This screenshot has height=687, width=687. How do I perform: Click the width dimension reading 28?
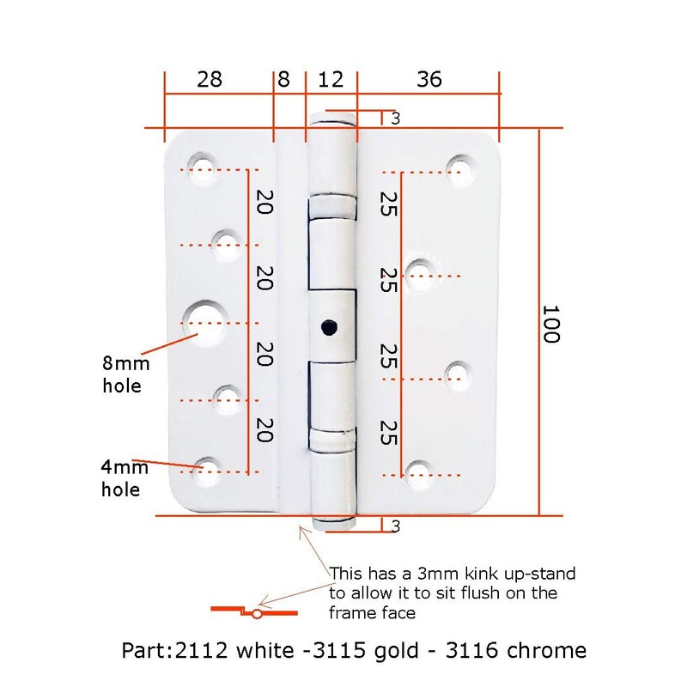(x=209, y=80)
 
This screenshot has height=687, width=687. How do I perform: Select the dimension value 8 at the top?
(x=284, y=80)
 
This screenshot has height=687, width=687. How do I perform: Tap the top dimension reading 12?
(x=331, y=80)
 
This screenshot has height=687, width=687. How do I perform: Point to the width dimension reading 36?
(x=429, y=80)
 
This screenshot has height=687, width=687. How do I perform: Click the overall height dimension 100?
(x=550, y=323)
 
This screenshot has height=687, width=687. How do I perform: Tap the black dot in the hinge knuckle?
(x=327, y=326)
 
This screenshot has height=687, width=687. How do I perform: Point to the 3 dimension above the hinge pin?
(x=395, y=119)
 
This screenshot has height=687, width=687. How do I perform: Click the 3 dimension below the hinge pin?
(x=395, y=526)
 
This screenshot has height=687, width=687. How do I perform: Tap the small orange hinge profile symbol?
(x=255, y=611)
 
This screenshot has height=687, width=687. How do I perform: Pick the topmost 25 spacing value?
(x=387, y=203)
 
